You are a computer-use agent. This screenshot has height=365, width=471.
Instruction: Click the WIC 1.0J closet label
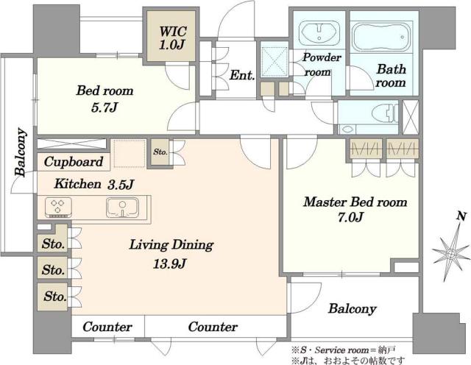click(173, 38)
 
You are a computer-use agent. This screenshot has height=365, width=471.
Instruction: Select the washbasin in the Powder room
click(319, 33)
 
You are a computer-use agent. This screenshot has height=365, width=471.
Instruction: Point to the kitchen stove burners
click(58, 208)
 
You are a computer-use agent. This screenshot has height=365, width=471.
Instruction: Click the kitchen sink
click(122, 208)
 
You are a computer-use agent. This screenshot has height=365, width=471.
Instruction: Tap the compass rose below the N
click(450, 254)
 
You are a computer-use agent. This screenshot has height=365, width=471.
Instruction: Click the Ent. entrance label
click(242, 75)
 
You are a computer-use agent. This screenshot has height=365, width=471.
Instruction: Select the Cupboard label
click(74, 162)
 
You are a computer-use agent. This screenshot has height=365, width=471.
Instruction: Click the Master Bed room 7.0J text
click(355, 210)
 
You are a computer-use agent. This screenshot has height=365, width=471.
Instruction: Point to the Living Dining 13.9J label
click(171, 254)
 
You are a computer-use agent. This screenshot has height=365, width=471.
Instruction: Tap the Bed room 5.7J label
click(105, 99)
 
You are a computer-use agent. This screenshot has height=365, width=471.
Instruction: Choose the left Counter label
click(107, 327)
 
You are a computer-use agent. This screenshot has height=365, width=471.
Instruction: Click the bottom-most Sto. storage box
click(52, 297)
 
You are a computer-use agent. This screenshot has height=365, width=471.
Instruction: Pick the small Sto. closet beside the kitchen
click(160, 152)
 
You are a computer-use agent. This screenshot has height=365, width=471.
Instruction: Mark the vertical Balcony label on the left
click(21, 152)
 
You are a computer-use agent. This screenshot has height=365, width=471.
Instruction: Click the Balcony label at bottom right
click(352, 309)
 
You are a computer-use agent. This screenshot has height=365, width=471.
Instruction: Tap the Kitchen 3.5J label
click(93, 184)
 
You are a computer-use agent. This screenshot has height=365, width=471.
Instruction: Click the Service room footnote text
click(343, 350)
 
